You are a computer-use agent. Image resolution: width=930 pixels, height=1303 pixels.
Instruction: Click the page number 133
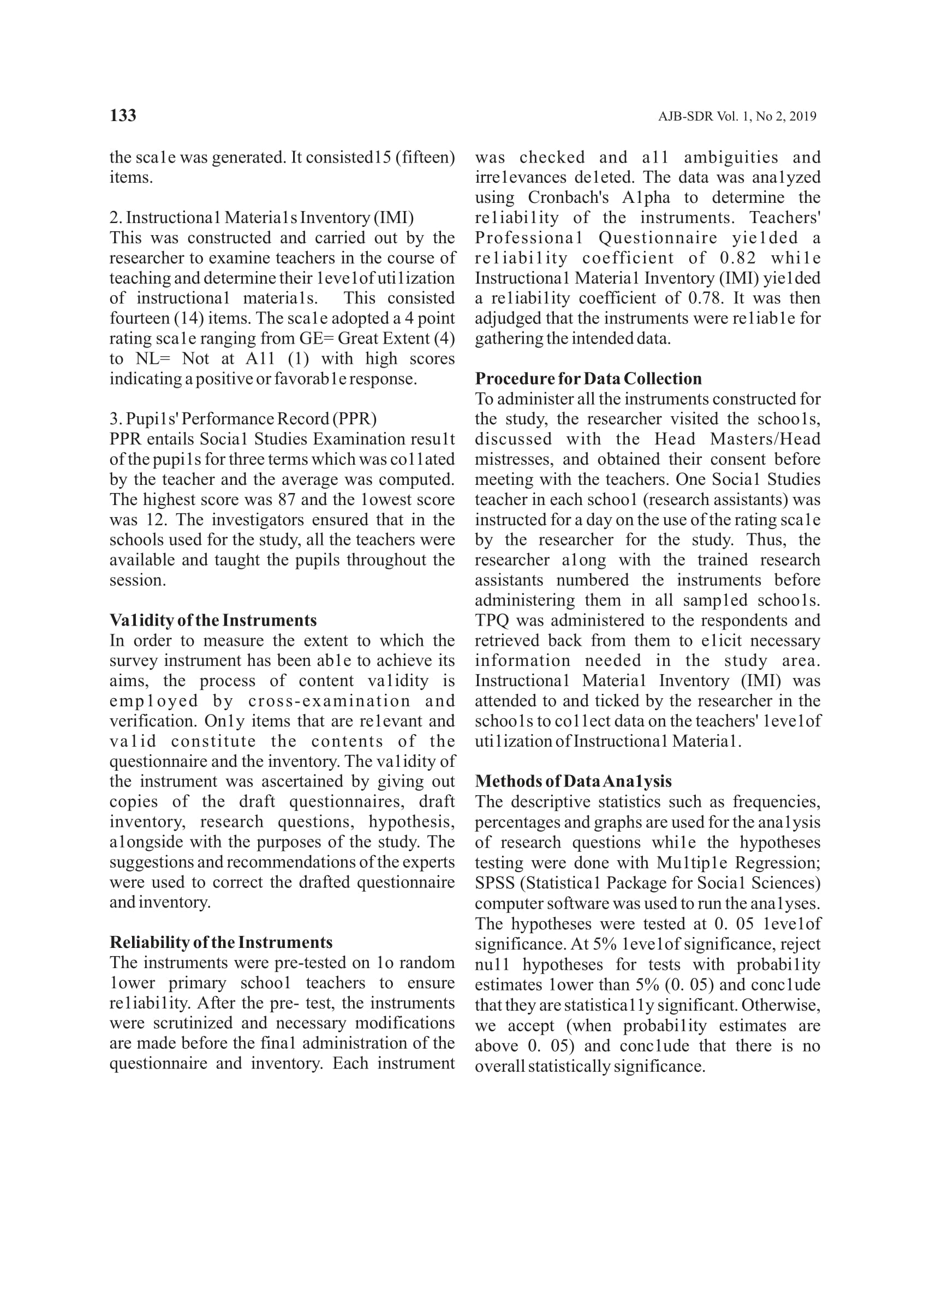point(123,116)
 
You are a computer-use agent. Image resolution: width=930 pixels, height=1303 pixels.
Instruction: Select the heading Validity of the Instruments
point(212,620)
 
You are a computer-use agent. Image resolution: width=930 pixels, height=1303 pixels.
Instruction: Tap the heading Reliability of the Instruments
point(220,942)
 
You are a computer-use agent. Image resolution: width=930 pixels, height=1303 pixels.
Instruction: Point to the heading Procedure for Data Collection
point(588,379)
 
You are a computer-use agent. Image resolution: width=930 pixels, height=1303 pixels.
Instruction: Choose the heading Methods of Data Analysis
point(573,781)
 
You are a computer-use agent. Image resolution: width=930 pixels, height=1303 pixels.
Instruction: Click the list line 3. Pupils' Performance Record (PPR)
point(243,419)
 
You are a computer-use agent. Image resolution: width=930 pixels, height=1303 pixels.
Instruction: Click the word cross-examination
point(329,701)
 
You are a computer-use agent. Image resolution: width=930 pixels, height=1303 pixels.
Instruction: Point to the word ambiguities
point(731,158)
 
